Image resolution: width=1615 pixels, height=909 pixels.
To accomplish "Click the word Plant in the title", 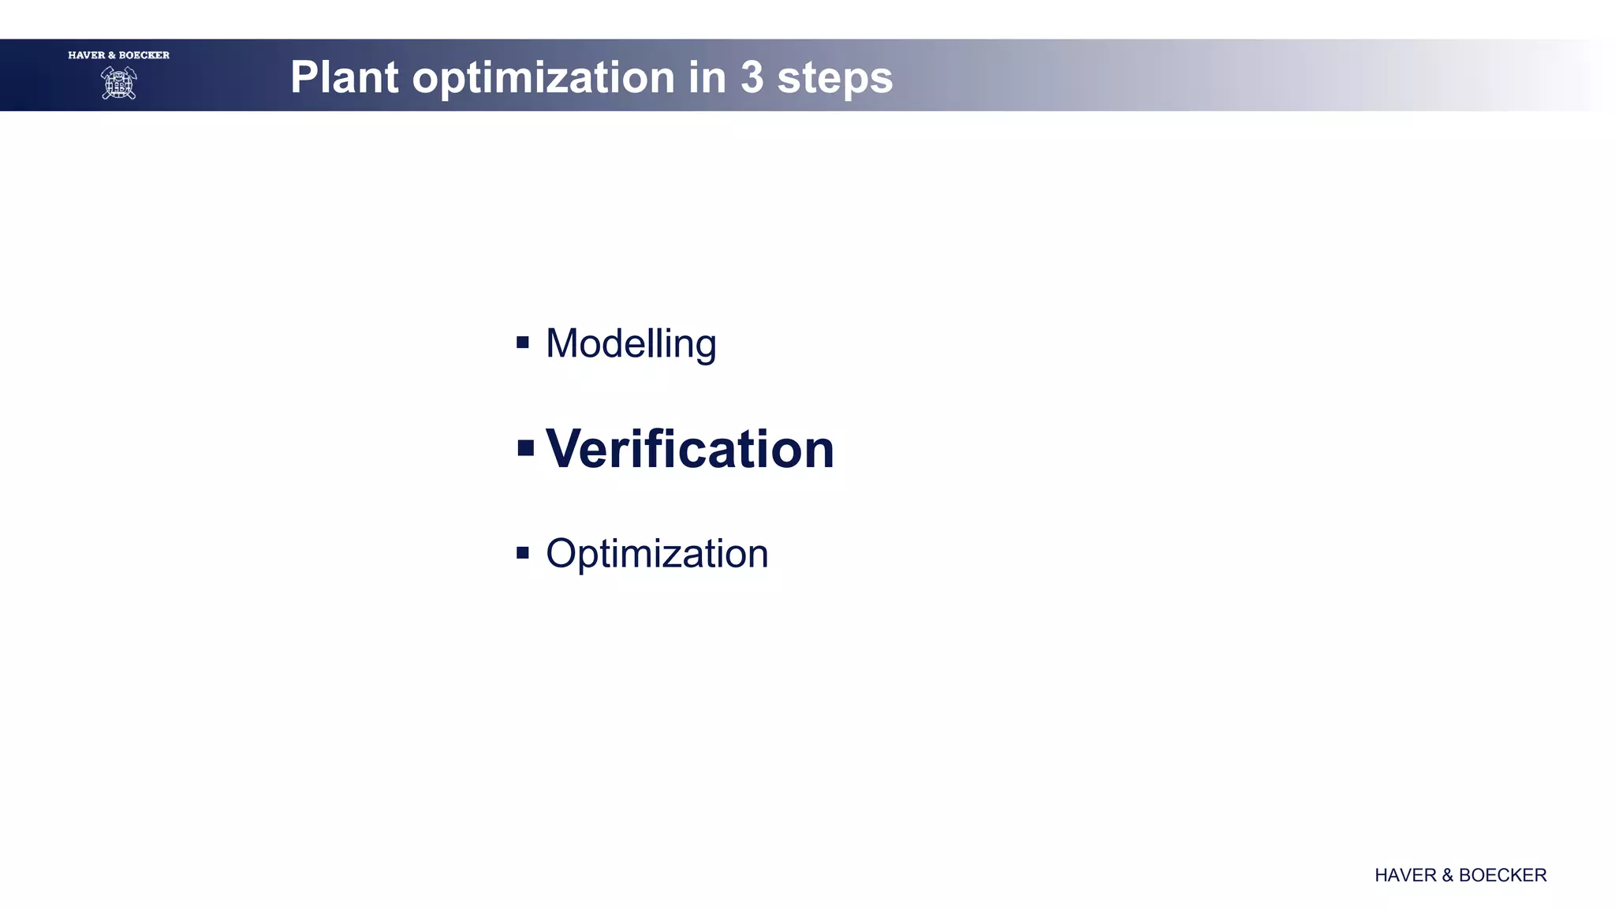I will coord(344,77).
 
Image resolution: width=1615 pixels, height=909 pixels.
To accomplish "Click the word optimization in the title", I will coord(543,77).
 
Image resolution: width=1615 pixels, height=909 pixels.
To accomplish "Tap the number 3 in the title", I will coord(752,77).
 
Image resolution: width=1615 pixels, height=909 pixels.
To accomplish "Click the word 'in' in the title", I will coord(707,77).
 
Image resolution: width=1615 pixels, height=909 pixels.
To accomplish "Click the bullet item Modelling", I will coord(630,344).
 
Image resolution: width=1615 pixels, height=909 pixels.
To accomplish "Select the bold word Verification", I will coord(689,449).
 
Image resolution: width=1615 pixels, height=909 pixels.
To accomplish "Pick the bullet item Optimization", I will coord(656,553).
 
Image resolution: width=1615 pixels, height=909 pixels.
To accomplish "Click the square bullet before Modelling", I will coord(523,342).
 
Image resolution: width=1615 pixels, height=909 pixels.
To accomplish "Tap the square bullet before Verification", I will coord(526,449).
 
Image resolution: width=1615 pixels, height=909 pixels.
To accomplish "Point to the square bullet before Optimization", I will coord(523,552).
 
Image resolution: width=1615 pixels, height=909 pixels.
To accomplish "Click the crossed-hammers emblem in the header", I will coord(119,83).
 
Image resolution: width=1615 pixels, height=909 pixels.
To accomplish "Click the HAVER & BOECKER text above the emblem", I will coord(119,55).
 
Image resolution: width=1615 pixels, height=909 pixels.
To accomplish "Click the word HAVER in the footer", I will coord(1405,875).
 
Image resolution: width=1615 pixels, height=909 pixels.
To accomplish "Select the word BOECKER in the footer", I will coord(1502,875).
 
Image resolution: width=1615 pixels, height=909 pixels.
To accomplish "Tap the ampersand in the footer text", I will coord(1447,875).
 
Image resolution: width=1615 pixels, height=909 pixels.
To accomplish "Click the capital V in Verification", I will coord(565,449).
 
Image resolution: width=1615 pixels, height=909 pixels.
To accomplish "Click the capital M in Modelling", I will coord(563,344).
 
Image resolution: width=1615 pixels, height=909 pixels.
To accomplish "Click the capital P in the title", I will coord(304,77).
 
